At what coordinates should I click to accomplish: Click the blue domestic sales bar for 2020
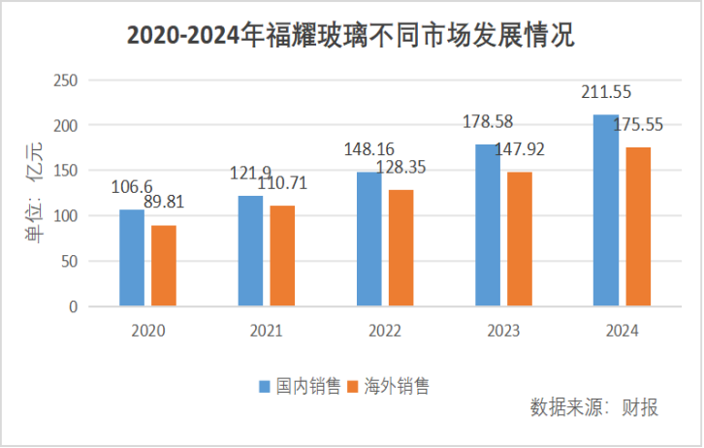pyautogui.click(x=132, y=258)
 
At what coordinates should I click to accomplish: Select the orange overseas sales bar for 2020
pyautogui.click(x=164, y=266)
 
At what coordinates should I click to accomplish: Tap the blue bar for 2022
pyautogui.click(x=368, y=240)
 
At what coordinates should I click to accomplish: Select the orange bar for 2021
pyautogui.click(x=282, y=256)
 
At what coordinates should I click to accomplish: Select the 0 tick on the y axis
pyautogui.click(x=73, y=306)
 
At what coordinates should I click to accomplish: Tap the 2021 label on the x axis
pyautogui.click(x=266, y=331)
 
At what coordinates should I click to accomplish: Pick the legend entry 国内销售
pyautogui.click(x=300, y=386)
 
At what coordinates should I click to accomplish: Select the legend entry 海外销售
pyautogui.click(x=388, y=386)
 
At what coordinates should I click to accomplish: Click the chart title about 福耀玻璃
pyautogui.click(x=351, y=36)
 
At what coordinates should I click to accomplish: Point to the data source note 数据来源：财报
pyautogui.click(x=593, y=407)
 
